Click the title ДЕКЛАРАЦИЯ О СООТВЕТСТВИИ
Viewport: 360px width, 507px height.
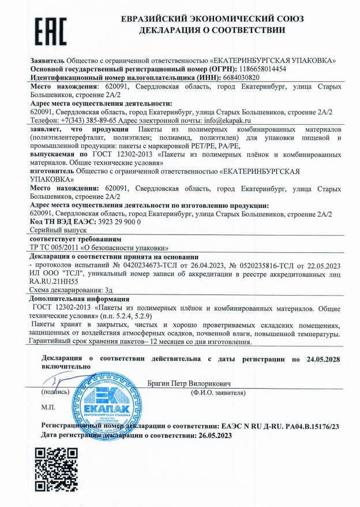point(212,30)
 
